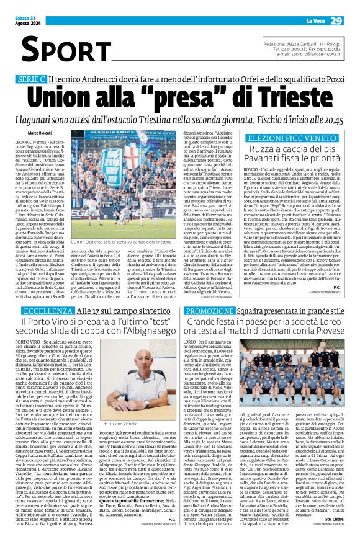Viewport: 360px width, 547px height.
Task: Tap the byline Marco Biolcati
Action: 40,134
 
